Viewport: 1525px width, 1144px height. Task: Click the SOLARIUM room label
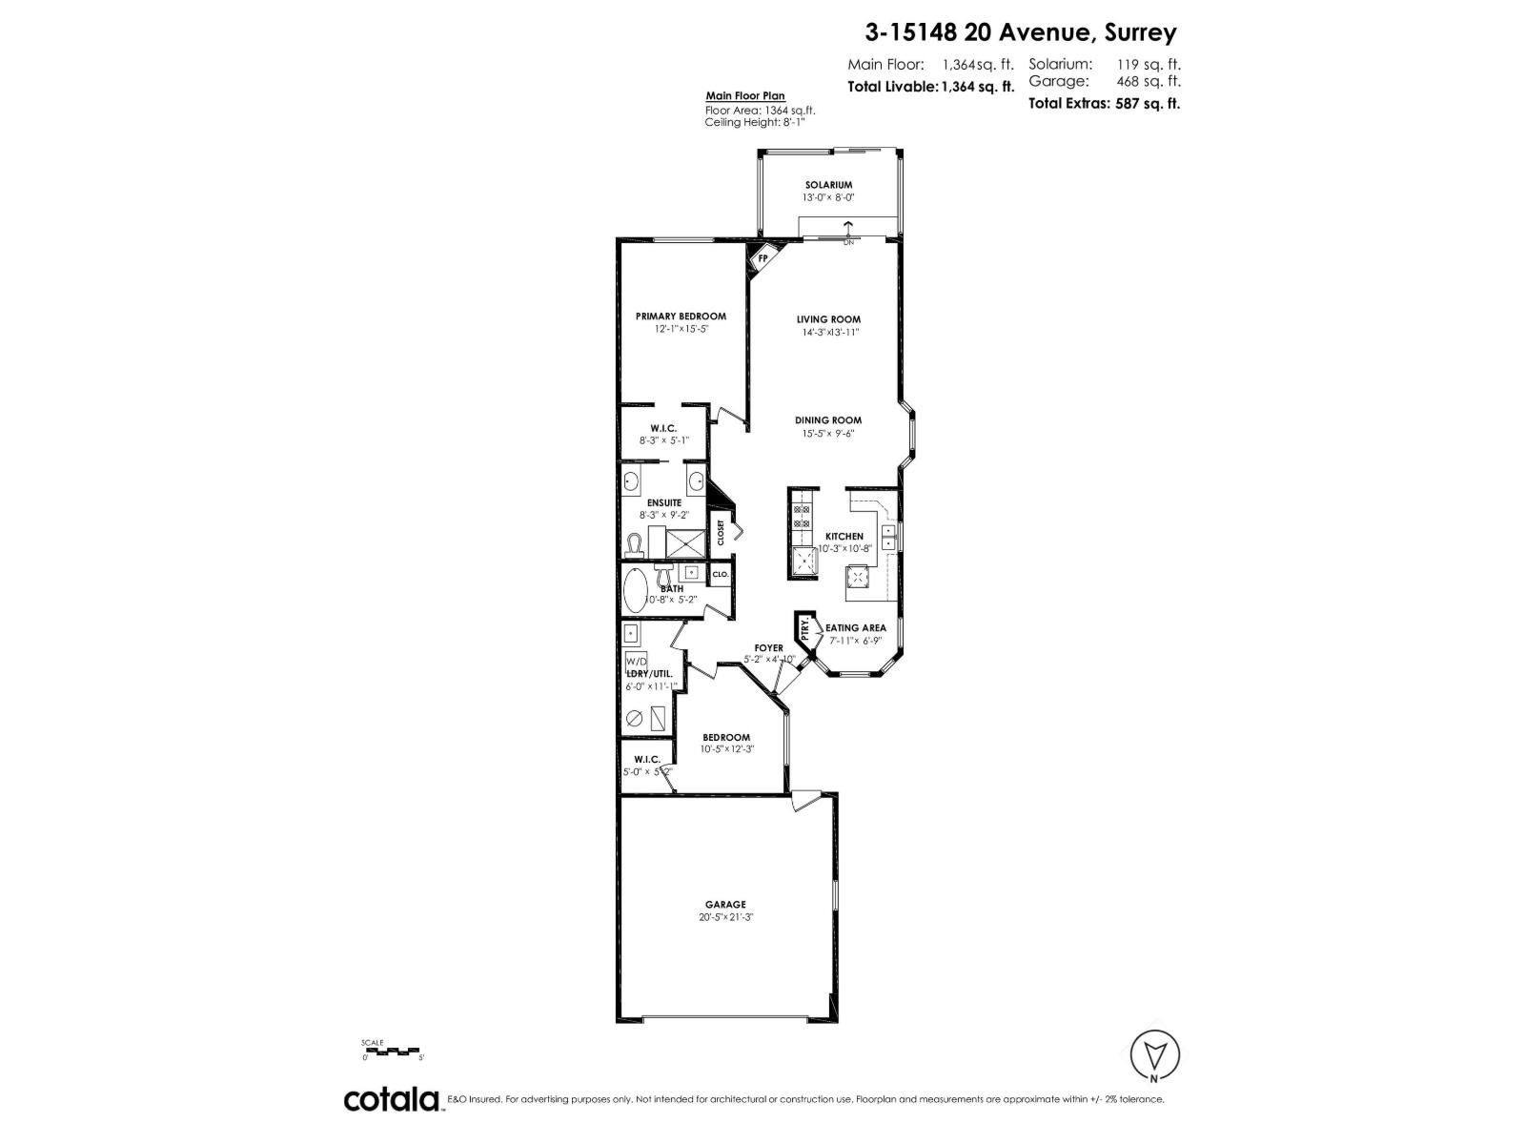pos(827,185)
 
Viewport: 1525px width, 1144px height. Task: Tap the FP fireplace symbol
pos(762,258)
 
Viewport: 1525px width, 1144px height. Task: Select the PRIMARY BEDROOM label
pos(681,317)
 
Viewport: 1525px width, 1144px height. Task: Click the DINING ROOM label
pos(828,420)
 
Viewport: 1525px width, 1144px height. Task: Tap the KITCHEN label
pos(844,537)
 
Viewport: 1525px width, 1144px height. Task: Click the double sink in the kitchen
pos(888,538)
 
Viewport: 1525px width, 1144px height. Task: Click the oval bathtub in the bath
pos(635,591)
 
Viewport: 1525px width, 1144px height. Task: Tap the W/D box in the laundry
pos(635,661)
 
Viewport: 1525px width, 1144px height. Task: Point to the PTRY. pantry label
pos(806,630)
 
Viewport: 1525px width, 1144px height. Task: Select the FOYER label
pos(768,648)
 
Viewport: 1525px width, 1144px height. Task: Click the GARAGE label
pos(725,905)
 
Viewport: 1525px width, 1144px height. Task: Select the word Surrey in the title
pos(1141,32)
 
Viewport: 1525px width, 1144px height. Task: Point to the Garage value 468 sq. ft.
pos(1149,82)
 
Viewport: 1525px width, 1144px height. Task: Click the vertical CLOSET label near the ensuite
pos(721,532)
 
